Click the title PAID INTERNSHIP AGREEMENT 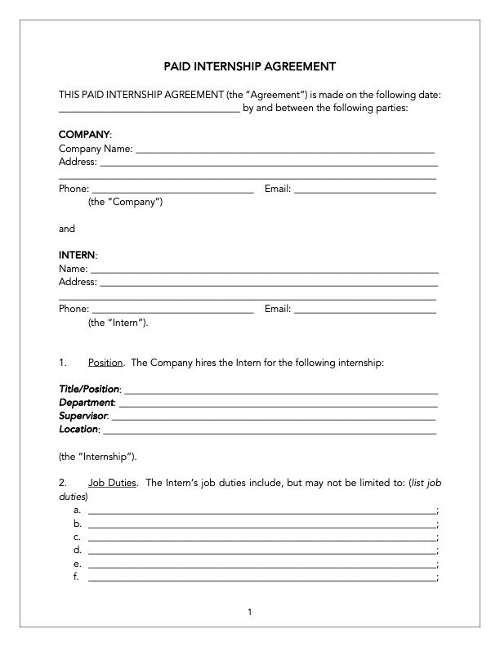point(250,65)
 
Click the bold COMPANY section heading point(84,133)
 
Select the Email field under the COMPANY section point(364,190)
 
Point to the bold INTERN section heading point(77,255)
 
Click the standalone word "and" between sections point(67,229)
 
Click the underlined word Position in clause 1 point(105,362)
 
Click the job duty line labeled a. point(261,511)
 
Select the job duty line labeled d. point(261,551)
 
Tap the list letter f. point(77,577)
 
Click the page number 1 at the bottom point(250,612)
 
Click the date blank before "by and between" point(149,108)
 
